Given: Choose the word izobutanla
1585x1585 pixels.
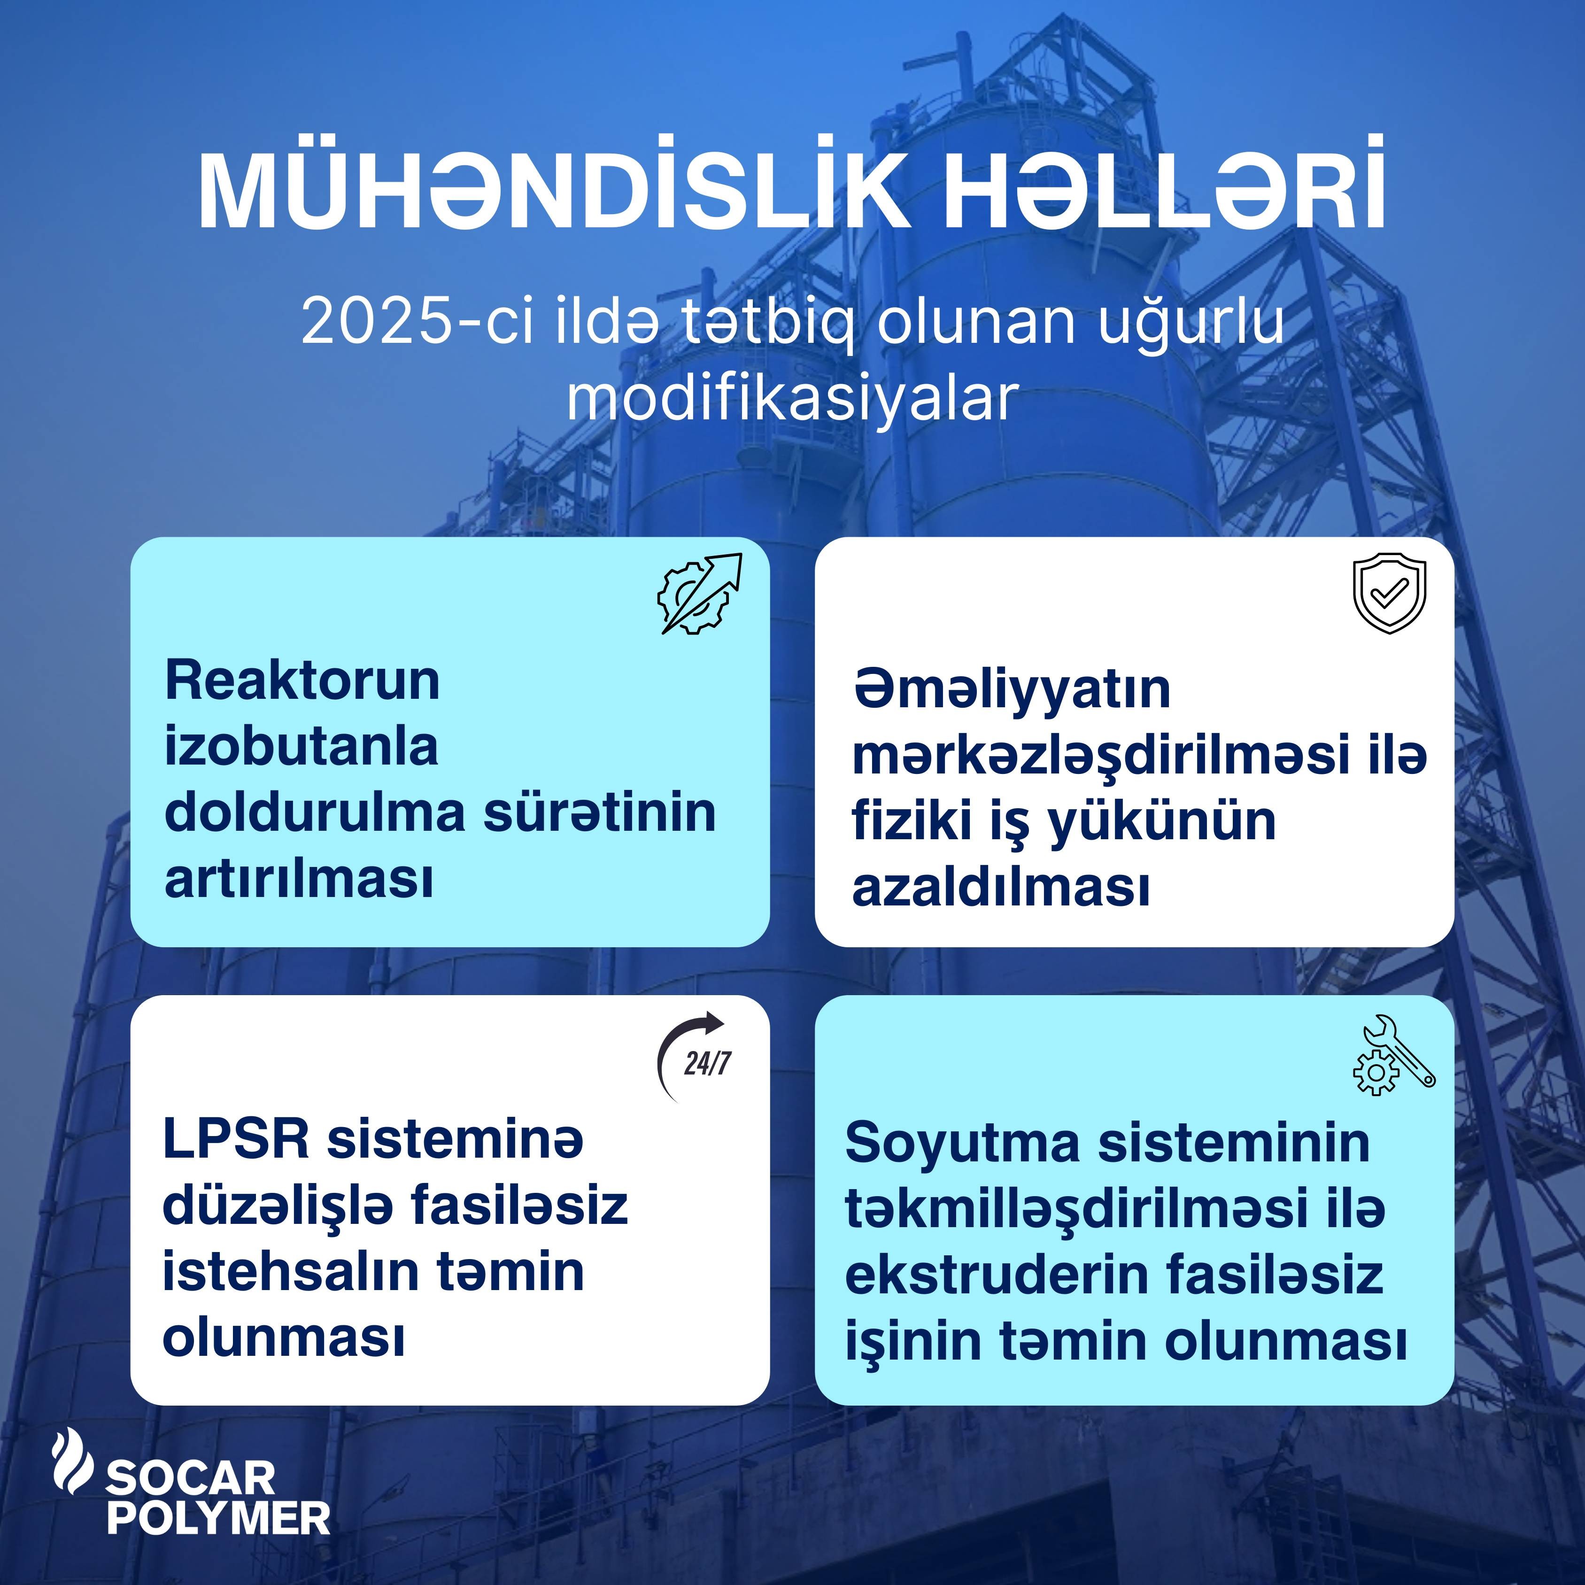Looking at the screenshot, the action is [x=301, y=747].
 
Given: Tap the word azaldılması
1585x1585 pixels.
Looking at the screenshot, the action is [x=1001, y=886].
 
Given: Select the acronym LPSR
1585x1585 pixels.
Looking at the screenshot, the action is [x=236, y=1139].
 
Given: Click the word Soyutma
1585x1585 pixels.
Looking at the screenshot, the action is [x=963, y=1142].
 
